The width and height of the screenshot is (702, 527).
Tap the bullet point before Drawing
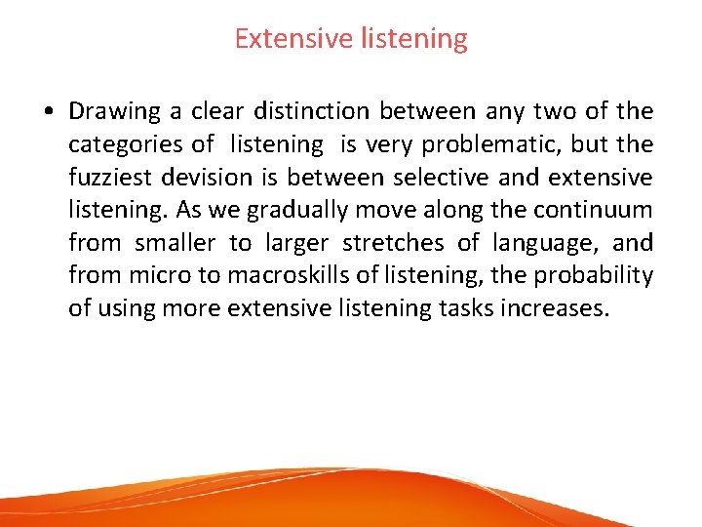(48, 112)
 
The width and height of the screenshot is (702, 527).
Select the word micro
(157, 275)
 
